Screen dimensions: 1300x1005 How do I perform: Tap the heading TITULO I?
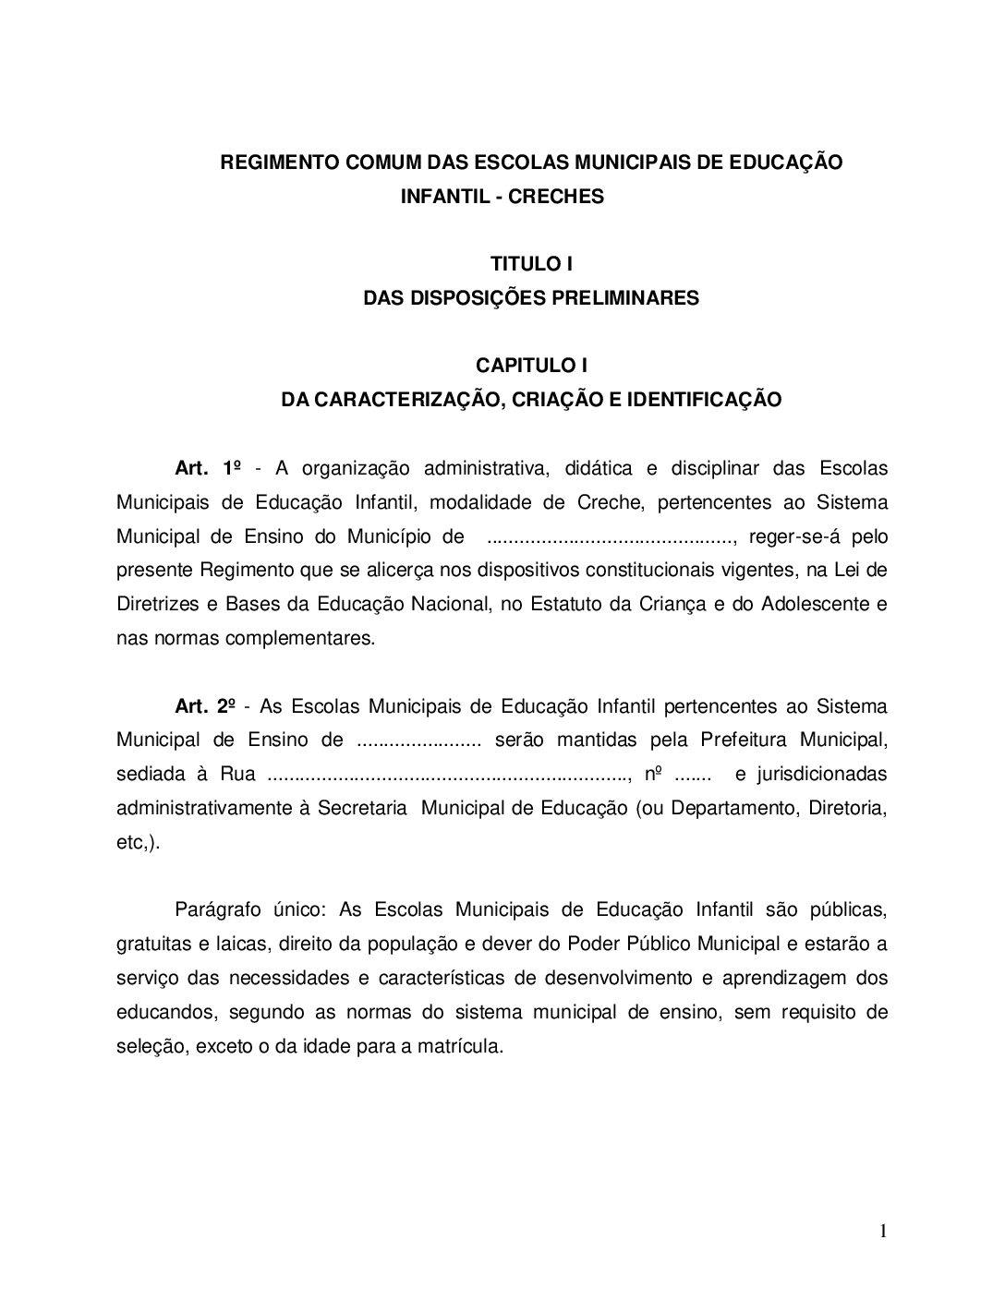click(531, 264)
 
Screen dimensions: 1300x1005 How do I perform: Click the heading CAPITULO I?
click(531, 366)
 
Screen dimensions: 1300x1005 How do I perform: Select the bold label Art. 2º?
click(205, 707)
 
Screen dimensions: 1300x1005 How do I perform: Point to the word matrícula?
click(461, 1047)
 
